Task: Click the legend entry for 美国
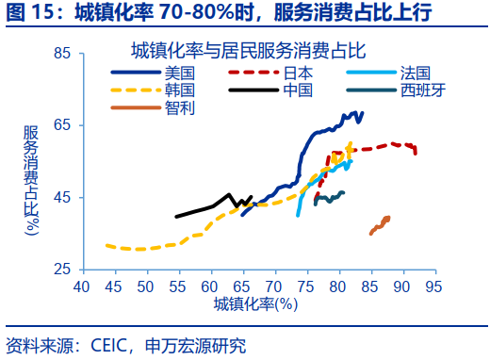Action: click(x=179, y=72)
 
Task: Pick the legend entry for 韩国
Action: click(x=179, y=90)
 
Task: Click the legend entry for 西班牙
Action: click(x=421, y=90)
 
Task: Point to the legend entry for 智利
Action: click(x=179, y=107)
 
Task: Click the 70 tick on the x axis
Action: click(x=274, y=286)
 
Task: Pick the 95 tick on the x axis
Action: click(x=434, y=286)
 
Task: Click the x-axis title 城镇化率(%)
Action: click(x=254, y=303)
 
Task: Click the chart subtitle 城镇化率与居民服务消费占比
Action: click(x=248, y=49)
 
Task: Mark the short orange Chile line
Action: click(x=380, y=224)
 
